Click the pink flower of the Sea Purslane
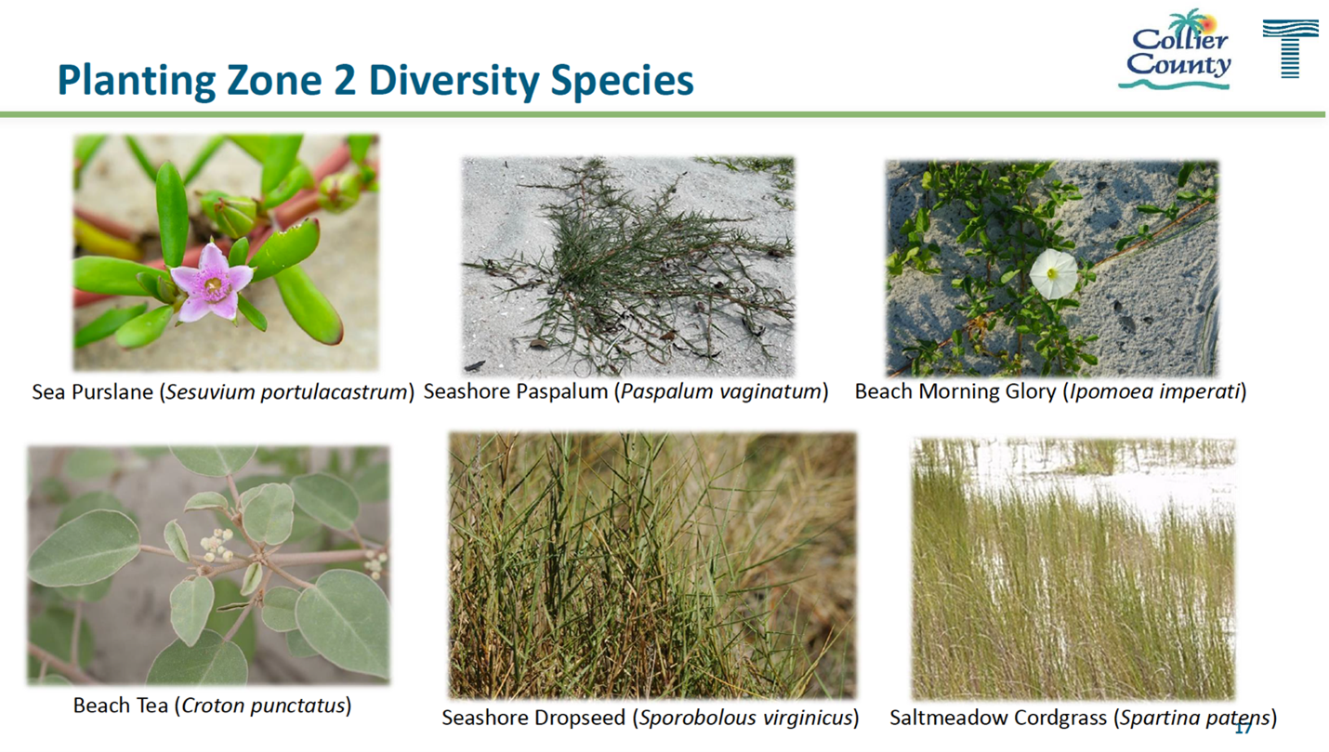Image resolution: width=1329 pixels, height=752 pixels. [x=212, y=283]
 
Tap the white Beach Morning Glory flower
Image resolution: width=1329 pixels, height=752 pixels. [x=1053, y=273]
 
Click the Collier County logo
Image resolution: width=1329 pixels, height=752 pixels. [x=1175, y=50]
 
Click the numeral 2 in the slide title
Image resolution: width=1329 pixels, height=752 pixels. [x=345, y=80]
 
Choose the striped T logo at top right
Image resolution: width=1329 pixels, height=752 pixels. [x=1290, y=48]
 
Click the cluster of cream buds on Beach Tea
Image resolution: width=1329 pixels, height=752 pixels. [x=217, y=546]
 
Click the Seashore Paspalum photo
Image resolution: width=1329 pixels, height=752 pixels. [x=628, y=266]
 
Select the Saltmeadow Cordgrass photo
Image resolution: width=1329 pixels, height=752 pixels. [x=1072, y=569]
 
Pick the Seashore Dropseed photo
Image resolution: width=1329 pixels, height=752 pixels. [x=652, y=565]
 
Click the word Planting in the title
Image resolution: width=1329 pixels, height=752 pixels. [x=136, y=81]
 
